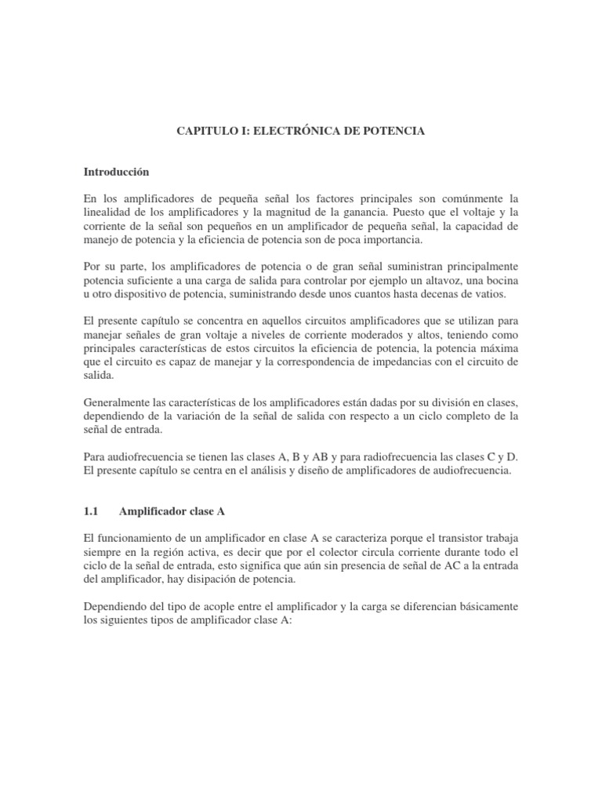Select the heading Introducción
pos(115,170)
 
